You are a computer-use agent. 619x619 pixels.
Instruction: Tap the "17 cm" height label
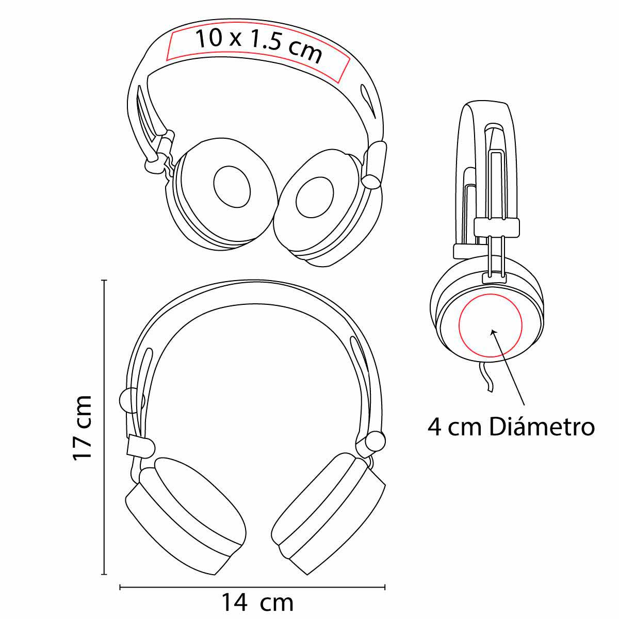click(83, 428)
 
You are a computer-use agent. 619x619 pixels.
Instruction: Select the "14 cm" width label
click(257, 602)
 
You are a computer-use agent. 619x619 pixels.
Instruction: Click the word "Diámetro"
click(541, 427)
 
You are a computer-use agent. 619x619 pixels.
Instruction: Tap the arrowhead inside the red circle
click(493, 332)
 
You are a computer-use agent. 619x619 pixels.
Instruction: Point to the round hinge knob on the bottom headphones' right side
click(375, 441)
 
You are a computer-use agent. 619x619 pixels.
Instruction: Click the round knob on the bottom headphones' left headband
click(128, 400)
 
